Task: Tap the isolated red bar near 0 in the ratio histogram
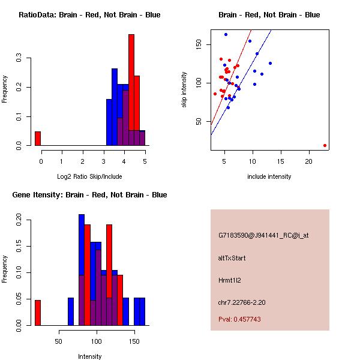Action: [x=38, y=139]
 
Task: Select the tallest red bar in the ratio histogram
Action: [x=131, y=90]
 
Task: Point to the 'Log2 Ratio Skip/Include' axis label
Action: [x=89, y=176]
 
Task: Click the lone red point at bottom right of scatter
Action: [x=325, y=145]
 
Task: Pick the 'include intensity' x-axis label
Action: [x=269, y=176]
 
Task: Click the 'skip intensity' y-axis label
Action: [x=185, y=90]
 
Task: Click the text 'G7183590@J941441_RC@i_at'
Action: [x=263, y=236]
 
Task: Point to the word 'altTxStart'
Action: [x=232, y=258]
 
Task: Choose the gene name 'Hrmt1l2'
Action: [x=230, y=280]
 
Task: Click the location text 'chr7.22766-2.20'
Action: [x=242, y=302]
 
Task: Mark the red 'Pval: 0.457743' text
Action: [x=239, y=320]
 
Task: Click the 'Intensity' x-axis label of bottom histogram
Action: [x=89, y=356]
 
